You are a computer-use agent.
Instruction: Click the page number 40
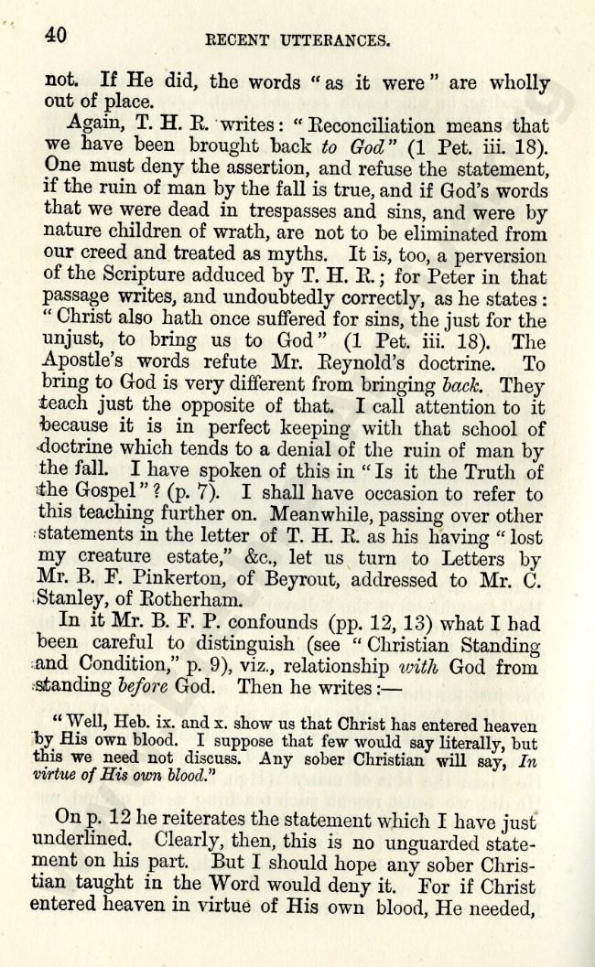(55, 36)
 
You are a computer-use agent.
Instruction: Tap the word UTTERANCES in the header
(338, 40)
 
